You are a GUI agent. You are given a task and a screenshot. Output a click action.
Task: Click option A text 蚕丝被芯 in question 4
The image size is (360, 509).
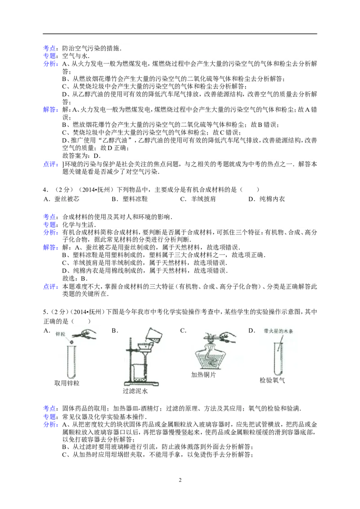[x=67, y=199]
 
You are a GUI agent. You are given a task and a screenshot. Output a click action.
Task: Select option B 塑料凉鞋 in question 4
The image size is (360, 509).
[x=135, y=199]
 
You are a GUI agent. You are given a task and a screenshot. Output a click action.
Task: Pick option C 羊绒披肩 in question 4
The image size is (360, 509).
[x=203, y=199]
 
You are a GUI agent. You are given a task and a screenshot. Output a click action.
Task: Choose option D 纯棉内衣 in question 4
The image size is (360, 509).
[x=272, y=199]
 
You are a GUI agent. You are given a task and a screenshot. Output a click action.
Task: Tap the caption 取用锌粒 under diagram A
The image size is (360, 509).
[x=67, y=384]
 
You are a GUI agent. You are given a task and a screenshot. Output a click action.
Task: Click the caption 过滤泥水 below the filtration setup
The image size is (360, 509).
[x=135, y=391]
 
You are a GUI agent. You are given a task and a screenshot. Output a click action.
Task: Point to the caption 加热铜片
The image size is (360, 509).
[x=203, y=375]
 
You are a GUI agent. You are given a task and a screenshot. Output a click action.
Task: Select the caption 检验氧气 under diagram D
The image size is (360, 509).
[x=272, y=380]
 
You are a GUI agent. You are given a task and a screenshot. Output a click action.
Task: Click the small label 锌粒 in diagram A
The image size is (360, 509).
[x=60, y=334]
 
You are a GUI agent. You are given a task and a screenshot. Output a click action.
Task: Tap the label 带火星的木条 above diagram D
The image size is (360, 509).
[x=279, y=331]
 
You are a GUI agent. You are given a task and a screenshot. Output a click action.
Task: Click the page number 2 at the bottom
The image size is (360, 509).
[x=180, y=480]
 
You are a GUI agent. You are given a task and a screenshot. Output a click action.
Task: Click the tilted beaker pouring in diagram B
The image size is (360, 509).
[x=152, y=335]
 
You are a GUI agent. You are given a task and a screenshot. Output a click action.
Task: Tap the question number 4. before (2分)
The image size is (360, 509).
[x=46, y=190]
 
